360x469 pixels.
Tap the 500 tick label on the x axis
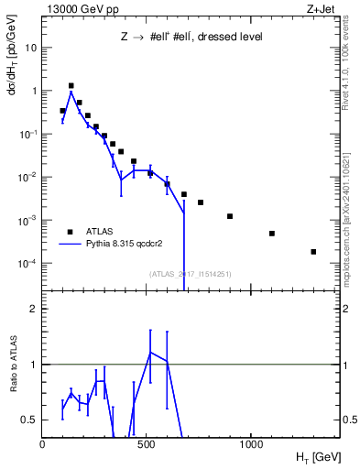click(147, 444)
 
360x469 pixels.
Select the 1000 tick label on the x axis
click(251, 444)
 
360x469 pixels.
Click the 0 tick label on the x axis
click(43, 444)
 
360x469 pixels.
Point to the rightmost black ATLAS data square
click(313, 252)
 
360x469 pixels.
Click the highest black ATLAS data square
click(71, 85)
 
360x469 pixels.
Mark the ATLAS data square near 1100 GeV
click(272, 234)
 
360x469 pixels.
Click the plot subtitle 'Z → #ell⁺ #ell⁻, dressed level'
click(185, 38)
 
